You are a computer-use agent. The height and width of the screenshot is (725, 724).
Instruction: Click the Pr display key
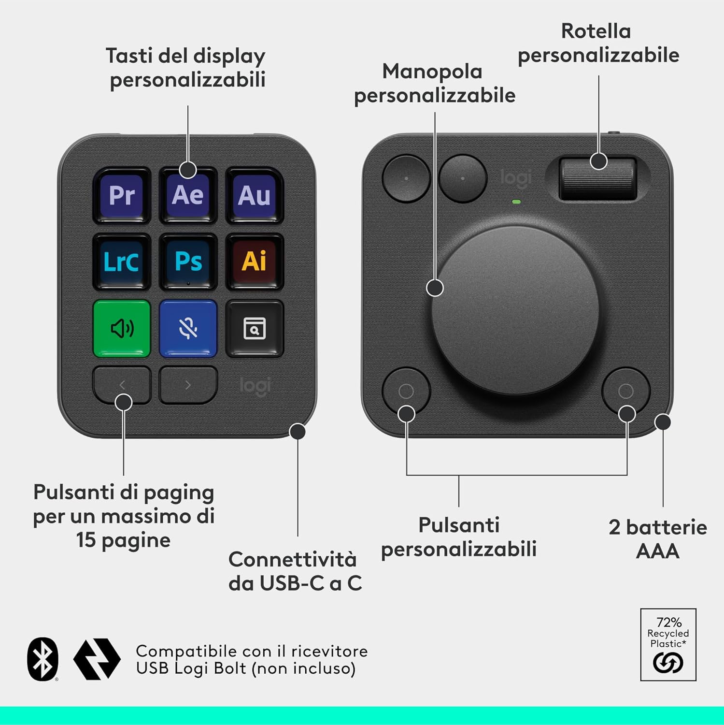point(122,195)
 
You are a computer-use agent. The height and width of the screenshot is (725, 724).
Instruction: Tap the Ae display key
point(188,195)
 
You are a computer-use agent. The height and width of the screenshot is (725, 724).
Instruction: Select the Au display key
point(254,195)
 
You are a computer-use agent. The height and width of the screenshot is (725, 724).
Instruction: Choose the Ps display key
point(188,261)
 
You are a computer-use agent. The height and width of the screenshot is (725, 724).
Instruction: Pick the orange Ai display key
point(254,261)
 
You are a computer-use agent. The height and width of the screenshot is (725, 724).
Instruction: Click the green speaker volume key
point(122,328)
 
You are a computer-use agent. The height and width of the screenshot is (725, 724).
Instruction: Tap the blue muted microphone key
point(188,328)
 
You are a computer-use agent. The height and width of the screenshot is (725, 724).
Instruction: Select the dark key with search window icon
point(254,328)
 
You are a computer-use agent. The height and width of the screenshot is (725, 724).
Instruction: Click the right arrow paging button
point(188,385)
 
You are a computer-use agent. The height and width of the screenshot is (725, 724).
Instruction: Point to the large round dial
point(515,309)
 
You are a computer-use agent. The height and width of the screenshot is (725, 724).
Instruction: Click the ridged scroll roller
point(597,177)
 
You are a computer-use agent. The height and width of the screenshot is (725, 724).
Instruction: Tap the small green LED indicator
point(516,202)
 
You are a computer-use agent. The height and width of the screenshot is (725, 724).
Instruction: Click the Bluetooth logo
point(43,659)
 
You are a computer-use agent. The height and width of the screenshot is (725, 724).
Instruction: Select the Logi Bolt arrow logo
point(97,659)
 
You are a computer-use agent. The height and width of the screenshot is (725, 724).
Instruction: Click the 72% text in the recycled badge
point(668,622)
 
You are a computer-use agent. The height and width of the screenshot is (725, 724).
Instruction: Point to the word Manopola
point(432,72)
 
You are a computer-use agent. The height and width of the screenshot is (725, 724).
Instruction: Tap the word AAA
point(657,551)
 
